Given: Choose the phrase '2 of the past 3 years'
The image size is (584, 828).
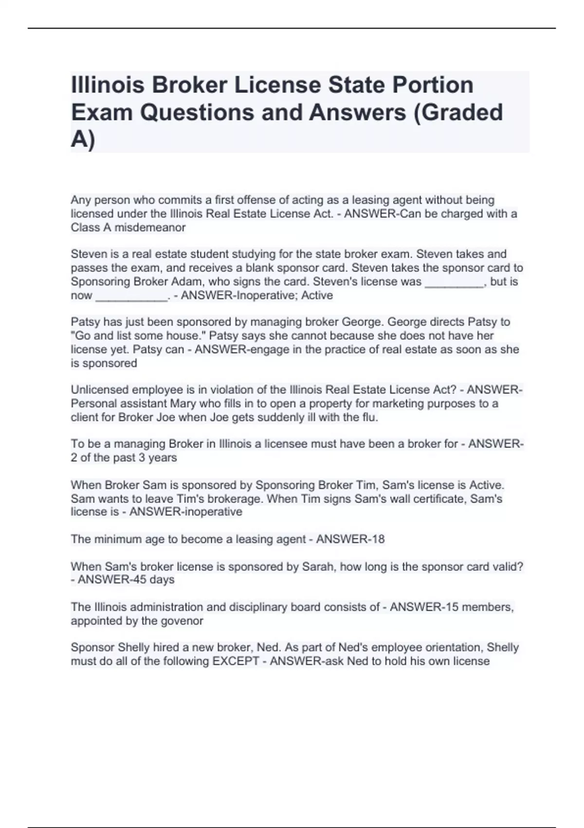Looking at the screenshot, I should pos(124,457).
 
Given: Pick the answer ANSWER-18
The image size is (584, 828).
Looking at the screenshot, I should pos(350,539).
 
